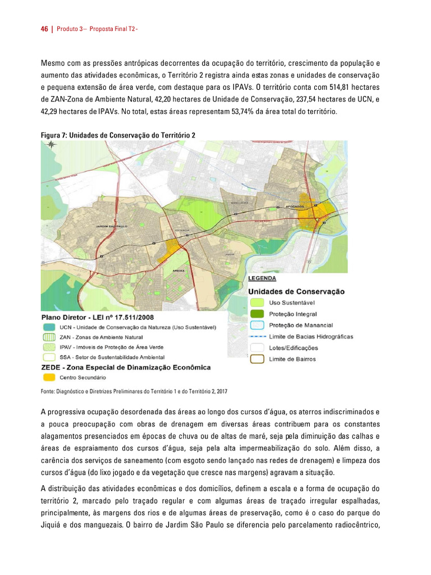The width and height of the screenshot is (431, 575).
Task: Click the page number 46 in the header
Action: point(44,30)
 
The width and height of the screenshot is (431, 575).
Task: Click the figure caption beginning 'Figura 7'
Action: point(118,135)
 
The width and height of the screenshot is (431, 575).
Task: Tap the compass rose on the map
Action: point(51,144)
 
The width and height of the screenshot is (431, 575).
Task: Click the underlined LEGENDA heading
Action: point(262,278)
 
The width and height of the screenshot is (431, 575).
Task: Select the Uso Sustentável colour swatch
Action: point(256,303)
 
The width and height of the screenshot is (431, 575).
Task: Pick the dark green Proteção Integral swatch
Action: point(256,314)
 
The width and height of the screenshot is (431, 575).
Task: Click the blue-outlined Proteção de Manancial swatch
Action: point(256,325)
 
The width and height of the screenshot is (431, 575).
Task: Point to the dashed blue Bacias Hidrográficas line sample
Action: point(256,336)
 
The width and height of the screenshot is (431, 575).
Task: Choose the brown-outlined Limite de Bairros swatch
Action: point(256,359)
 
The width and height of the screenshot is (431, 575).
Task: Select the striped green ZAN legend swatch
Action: point(49,337)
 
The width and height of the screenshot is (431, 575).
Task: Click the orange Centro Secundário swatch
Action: point(49,377)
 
